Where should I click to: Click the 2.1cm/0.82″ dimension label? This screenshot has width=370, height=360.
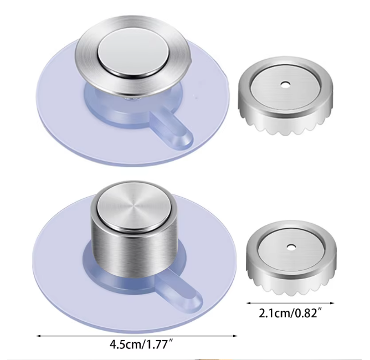click(x=290, y=313)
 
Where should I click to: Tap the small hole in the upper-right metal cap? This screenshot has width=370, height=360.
click(x=286, y=84)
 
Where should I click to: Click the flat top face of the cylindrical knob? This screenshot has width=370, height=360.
click(x=133, y=205)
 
